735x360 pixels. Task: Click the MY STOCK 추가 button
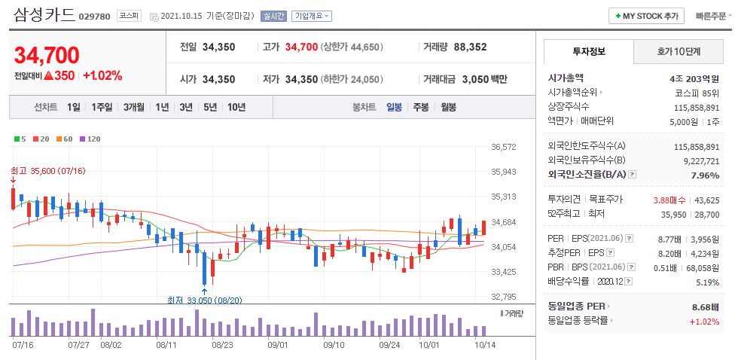646,16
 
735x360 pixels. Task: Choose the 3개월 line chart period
134,107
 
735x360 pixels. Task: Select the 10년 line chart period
236,107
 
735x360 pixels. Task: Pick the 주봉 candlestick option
420,107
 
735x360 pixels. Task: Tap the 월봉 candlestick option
448,107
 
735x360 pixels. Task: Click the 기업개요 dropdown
312,16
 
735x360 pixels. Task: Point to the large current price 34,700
47,55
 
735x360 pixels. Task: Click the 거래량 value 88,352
470,47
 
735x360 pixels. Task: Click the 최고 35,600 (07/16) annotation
48,171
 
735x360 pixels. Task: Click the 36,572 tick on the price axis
503,147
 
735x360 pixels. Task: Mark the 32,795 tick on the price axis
503,297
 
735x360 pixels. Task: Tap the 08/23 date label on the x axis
222,345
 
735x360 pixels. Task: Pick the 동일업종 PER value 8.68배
703,307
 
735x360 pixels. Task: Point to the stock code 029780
94,16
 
